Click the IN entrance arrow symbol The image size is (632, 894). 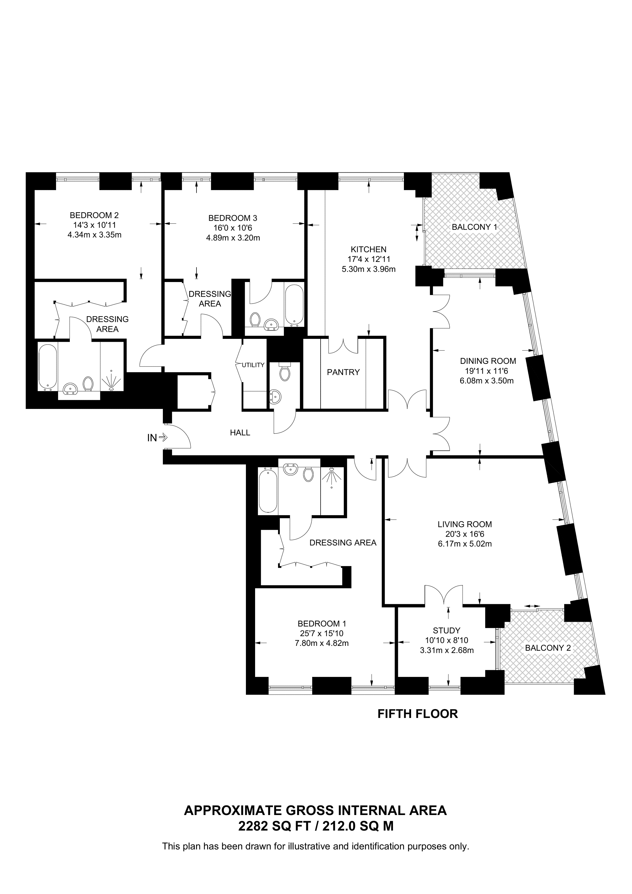(x=163, y=438)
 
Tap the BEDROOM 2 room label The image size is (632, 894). (x=94, y=215)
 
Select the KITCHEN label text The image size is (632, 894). (x=368, y=249)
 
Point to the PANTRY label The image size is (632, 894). (x=343, y=372)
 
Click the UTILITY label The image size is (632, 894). (x=253, y=365)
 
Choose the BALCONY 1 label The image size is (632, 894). (x=474, y=227)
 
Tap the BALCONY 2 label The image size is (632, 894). (x=548, y=648)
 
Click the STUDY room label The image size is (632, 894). (x=447, y=630)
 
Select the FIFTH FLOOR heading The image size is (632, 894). (x=418, y=714)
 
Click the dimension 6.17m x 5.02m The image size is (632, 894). (x=465, y=544)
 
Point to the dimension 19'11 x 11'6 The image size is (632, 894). (x=488, y=371)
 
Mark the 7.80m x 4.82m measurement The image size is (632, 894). (x=322, y=643)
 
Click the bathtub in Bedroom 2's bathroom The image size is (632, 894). (x=48, y=367)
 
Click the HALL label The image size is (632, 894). (x=240, y=432)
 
